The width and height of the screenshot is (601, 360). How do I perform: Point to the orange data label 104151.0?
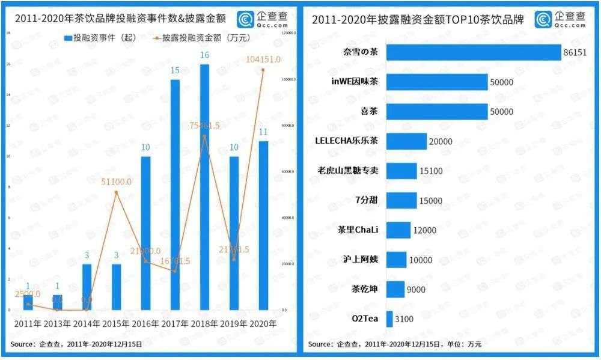[264, 58]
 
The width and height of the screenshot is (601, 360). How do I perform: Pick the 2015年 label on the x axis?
[116, 324]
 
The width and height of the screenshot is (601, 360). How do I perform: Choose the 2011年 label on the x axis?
[28, 324]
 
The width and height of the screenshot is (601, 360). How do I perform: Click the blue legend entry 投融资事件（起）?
[99, 37]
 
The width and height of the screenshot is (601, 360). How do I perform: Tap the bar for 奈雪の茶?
[473, 52]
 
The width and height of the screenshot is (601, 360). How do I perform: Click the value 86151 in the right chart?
[575, 52]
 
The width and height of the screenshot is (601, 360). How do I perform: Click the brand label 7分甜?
[365, 200]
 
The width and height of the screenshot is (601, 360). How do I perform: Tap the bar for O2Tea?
[389, 319]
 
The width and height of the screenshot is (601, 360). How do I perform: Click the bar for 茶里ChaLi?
[398, 230]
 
